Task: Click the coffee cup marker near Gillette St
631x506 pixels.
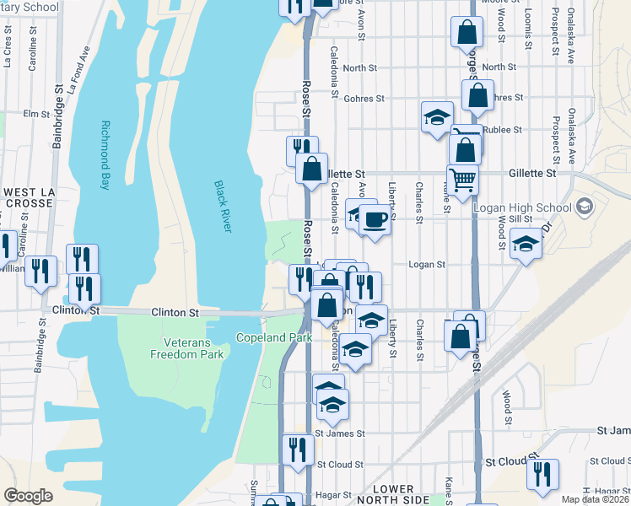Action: point(375,220)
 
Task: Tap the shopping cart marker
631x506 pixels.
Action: point(461,180)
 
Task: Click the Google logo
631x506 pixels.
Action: point(28,496)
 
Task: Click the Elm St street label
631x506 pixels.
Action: point(37,113)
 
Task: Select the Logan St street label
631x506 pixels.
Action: point(426,264)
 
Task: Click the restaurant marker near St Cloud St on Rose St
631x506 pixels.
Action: point(296,449)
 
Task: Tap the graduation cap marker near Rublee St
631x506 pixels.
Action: point(437,117)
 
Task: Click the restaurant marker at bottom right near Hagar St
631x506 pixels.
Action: point(542,473)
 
